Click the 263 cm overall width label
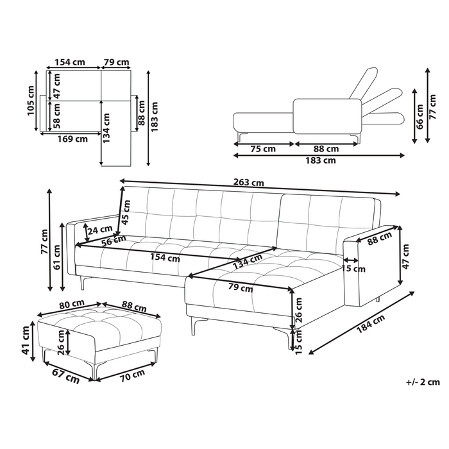pyautogui.click(x=249, y=182)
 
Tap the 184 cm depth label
pyautogui.click(x=371, y=324)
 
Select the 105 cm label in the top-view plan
pyautogui.click(x=31, y=101)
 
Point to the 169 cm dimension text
pyautogui.click(x=72, y=139)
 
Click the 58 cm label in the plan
pyautogui.click(x=57, y=115)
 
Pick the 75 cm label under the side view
pyautogui.click(x=263, y=149)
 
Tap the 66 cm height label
pyautogui.click(x=419, y=117)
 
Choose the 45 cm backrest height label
pyautogui.click(x=126, y=212)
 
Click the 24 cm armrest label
pyautogui.click(x=99, y=230)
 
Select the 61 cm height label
pyautogui.click(x=57, y=257)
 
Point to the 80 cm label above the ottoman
pyautogui.click(x=72, y=305)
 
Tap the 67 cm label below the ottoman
pyautogui.click(x=65, y=377)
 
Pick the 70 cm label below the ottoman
pyautogui.click(x=132, y=375)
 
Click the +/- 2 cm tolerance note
pyautogui.click(x=423, y=382)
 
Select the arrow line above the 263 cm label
pyautogui.click(x=260, y=187)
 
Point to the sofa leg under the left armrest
pyautogui.click(x=82, y=283)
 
